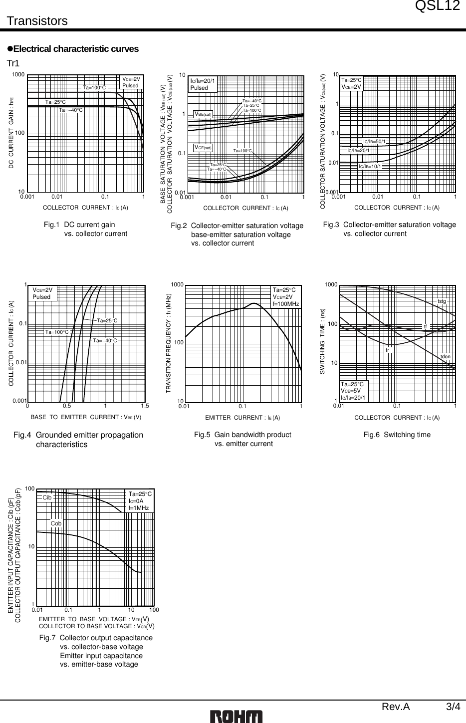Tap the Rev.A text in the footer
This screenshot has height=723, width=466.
tap(396, 707)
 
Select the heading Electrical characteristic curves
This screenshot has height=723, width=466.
tap(76, 49)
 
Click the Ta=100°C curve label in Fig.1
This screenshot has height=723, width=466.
tap(94, 88)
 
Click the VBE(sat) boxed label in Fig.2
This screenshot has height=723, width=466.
tap(203, 114)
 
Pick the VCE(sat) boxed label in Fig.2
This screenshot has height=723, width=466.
tap(203, 147)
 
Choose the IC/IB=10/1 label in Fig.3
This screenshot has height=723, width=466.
tap(370, 166)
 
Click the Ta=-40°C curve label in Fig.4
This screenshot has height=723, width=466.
tap(105, 340)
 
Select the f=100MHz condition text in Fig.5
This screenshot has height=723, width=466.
tap(286, 304)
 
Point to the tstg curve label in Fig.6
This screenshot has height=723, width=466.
tap(442, 301)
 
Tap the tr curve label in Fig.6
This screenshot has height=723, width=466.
tap(387, 350)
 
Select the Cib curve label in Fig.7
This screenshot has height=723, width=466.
tap(47, 497)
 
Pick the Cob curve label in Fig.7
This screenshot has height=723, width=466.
tap(56, 523)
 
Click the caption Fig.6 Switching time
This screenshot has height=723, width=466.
tap(397, 435)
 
